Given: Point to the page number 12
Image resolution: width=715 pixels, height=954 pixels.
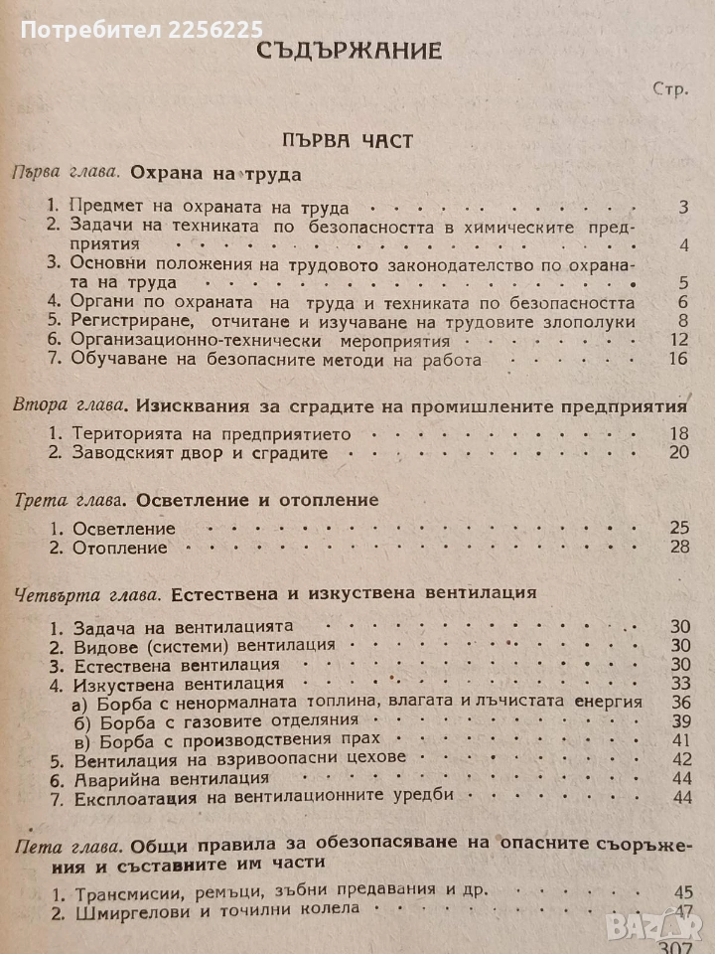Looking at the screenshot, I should tap(678, 339).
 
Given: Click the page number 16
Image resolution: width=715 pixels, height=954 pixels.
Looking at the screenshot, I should tap(678, 359).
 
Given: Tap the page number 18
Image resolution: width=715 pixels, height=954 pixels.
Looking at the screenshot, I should tap(677, 434).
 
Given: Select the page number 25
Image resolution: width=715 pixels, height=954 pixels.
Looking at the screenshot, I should tap(677, 528).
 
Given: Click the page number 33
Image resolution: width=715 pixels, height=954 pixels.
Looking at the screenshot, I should tap(680, 683).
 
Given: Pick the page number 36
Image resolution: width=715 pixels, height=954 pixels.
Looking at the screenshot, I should tap(680, 702).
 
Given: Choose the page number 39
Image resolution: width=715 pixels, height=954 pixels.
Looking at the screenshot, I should tap(680, 720).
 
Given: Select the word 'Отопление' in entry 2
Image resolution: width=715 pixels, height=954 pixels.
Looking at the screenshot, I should tap(113, 548).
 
